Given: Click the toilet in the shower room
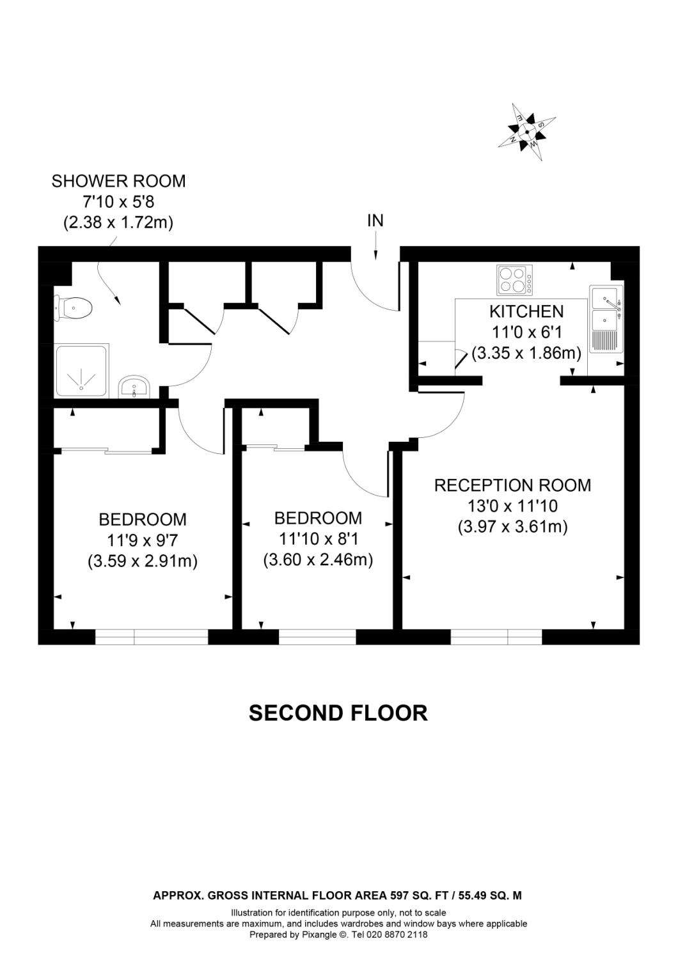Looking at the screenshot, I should [74, 309].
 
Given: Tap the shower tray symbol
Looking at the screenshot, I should [83, 371].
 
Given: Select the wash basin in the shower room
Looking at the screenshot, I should [134, 386].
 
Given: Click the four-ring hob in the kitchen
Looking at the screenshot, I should [515, 280].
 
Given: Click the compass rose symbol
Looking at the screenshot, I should [527, 132].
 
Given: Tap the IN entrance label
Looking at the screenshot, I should [375, 221].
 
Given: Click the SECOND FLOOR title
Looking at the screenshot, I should [338, 713].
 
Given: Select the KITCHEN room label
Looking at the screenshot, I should [526, 311].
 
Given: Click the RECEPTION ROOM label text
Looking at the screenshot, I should [512, 485].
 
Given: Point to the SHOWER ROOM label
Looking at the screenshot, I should [118, 181].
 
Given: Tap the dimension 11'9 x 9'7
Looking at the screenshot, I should [142, 540].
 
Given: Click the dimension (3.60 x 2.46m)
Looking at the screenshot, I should [318, 560].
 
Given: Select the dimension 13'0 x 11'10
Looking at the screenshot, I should [512, 506].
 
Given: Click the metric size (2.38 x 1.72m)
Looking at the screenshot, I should [118, 222].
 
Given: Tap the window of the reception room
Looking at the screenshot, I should [496, 637].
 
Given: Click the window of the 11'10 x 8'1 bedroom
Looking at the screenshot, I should [317, 637].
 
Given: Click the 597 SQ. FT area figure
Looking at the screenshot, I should [420, 896].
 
